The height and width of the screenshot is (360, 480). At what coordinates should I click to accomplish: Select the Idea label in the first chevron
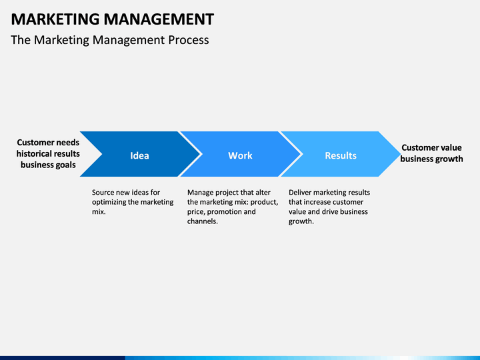pyautogui.click(x=139, y=155)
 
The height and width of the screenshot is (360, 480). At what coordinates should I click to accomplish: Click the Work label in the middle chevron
pyautogui.click(x=240, y=155)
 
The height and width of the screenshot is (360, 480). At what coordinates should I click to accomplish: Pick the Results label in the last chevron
pyautogui.click(x=341, y=155)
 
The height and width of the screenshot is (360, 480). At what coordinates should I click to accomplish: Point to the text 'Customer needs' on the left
pyautogui.click(x=48, y=142)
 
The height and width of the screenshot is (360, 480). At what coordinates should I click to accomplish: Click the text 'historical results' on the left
pyautogui.click(x=48, y=153)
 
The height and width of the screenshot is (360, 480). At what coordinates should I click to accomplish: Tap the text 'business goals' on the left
pyautogui.click(x=48, y=165)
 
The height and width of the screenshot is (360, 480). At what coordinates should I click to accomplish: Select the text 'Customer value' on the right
pyautogui.click(x=431, y=147)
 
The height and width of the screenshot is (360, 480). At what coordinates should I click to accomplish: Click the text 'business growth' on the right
pyautogui.click(x=431, y=159)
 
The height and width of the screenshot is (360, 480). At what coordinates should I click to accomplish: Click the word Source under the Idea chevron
pyautogui.click(x=104, y=193)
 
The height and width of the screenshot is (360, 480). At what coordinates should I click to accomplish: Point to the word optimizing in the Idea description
pyautogui.click(x=110, y=202)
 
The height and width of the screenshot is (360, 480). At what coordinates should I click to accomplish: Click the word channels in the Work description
pyautogui.click(x=201, y=221)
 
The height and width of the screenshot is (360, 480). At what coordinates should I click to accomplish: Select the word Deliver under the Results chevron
pyautogui.click(x=301, y=193)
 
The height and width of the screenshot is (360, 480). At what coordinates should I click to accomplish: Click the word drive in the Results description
pyautogui.click(x=333, y=212)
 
